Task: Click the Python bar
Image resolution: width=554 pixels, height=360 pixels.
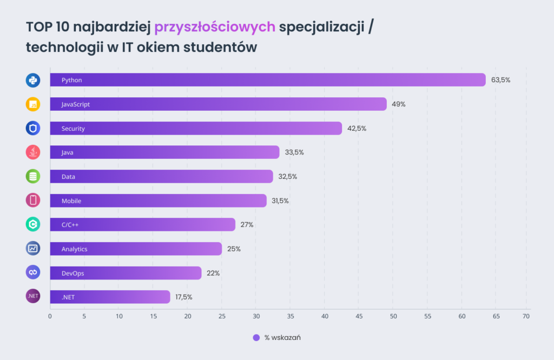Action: [268, 80]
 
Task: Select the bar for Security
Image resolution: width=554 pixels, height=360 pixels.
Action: [196, 128]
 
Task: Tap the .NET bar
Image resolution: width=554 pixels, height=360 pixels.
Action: [110, 297]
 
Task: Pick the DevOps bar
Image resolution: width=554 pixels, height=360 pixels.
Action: [126, 273]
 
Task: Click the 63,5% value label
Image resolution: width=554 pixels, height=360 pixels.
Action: [500, 80]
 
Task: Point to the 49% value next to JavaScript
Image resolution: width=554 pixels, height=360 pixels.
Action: [399, 104]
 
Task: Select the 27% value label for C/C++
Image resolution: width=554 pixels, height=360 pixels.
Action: [247, 225]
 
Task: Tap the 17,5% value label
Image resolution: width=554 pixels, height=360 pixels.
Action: [183, 297]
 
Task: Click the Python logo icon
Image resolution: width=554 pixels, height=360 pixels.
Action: [34, 80]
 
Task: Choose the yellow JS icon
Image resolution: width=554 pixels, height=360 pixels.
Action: [34, 104]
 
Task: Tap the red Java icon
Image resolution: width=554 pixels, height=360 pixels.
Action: [34, 152]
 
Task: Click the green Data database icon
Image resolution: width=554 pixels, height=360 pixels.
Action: [34, 176]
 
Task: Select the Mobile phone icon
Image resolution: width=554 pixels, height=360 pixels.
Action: [34, 201]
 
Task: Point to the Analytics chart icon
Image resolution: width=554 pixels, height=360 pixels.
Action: [34, 249]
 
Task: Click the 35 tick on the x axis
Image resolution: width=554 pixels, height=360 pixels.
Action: [290, 316]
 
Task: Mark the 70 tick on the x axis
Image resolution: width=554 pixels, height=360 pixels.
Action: [525, 316]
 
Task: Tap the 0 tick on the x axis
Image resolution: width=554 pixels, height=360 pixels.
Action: [50, 316]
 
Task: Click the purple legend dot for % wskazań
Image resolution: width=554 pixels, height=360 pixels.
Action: [256, 338]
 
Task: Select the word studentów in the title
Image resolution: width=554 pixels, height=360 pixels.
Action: [221, 48]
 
